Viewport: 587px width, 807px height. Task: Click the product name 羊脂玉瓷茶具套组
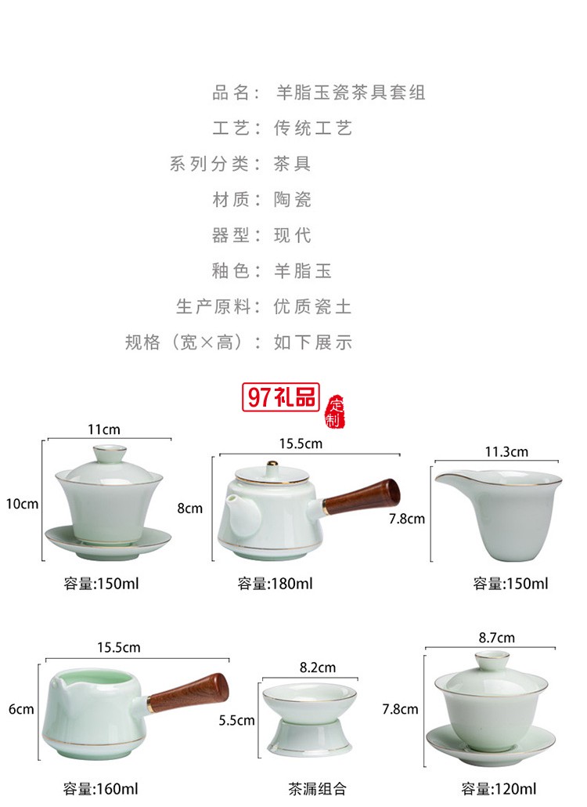(x=350, y=93)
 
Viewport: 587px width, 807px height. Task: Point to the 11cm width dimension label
(x=103, y=429)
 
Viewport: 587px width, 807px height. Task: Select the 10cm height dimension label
(x=23, y=504)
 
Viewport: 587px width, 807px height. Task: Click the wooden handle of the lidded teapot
(x=362, y=497)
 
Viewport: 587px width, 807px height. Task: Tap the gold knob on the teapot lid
(x=273, y=466)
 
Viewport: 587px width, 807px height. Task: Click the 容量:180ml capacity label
(x=275, y=584)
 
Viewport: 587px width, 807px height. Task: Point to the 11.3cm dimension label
(x=506, y=451)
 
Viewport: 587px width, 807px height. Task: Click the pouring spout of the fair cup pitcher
(x=443, y=479)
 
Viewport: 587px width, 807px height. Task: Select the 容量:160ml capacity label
(x=100, y=788)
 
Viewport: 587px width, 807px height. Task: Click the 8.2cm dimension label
(x=318, y=668)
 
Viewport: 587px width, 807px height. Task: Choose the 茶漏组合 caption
(x=316, y=788)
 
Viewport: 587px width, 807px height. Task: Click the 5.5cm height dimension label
(x=236, y=719)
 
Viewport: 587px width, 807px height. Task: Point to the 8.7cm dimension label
(x=497, y=638)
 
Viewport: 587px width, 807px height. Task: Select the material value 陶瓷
(x=293, y=200)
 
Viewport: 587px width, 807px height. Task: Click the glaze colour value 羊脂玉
(x=303, y=271)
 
